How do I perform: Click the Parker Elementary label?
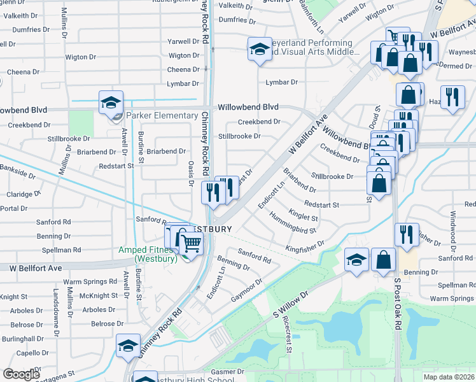coord(162,115)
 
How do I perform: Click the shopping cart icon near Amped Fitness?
coord(192,242)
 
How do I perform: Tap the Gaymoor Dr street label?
coord(247,290)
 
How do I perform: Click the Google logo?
coord(21,374)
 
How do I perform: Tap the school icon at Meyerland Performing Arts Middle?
coord(260,48)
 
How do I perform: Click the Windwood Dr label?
coord(453,227)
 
